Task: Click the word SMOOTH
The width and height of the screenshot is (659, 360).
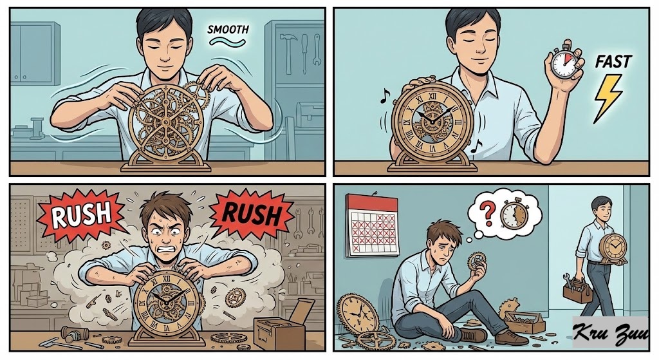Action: click(228, 30)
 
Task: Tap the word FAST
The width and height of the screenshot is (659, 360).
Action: click(613, 62)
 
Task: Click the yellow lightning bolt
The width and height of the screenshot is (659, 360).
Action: click(607, 99)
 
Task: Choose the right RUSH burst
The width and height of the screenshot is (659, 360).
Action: click(251, 214)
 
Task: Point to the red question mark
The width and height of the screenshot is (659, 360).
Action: click(488, 213)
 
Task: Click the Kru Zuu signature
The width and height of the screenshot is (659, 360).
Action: click(610, 333)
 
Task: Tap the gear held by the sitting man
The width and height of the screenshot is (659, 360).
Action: click(476, 262)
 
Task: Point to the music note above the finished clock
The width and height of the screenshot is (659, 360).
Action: click(385, 95)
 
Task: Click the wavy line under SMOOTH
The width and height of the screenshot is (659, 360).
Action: click(228, 41)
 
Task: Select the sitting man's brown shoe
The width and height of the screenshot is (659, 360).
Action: click(511, 337)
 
